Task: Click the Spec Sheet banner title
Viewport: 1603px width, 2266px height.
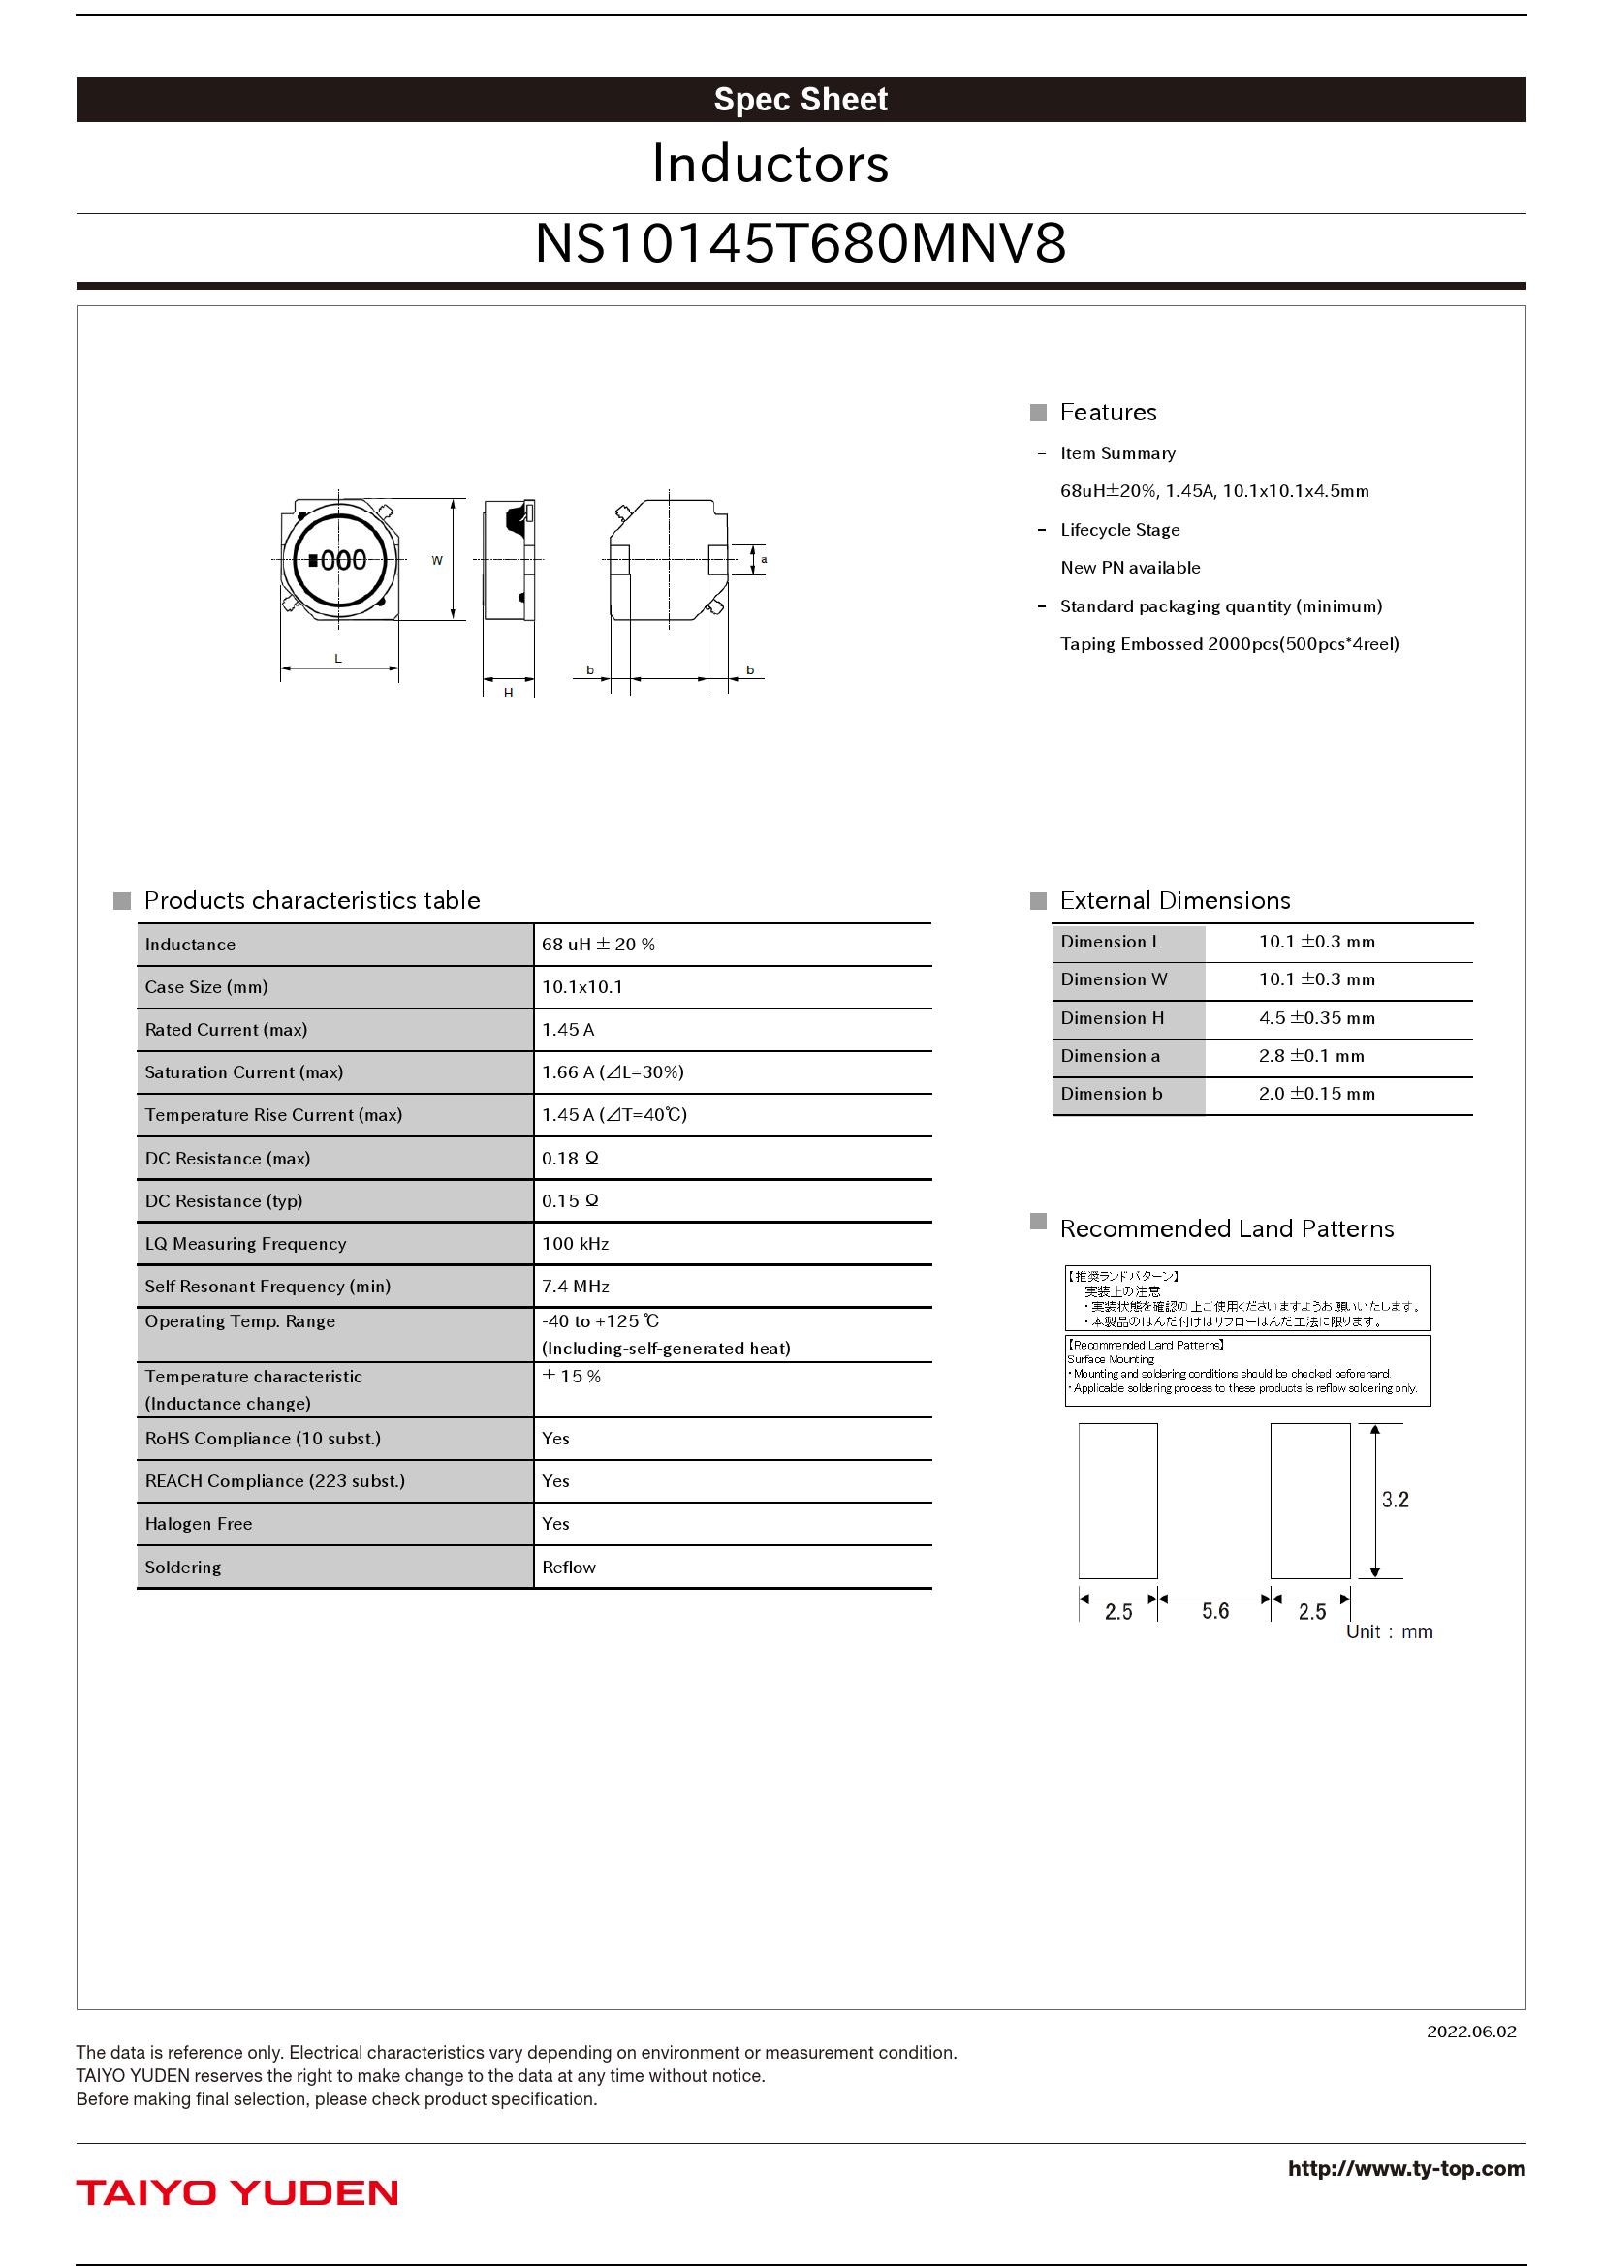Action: pos(801,100)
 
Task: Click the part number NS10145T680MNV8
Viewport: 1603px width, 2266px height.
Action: pos(801,244)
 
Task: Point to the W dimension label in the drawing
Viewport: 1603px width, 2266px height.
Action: pos(437,561)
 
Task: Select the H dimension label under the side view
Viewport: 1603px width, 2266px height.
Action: pos(509,692)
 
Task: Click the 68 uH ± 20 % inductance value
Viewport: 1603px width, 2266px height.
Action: pos(598,945)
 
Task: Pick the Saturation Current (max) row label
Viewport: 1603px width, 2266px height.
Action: pos(244,1072)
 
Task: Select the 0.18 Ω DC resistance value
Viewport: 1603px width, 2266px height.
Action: pos(570,1159)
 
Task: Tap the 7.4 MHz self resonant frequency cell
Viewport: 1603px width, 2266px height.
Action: pos(576,1287)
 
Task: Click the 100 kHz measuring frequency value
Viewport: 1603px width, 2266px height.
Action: pos(576,1245)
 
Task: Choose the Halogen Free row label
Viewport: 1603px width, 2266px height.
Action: pos(199,1525)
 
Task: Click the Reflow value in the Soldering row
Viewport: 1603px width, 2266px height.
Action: pos(569,1568)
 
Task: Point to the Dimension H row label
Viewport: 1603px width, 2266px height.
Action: pos(1113,1018)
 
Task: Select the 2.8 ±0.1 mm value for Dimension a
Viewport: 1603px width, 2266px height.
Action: pos(1311,1056)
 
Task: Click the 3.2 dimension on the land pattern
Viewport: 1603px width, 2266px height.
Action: pos(1395,1500)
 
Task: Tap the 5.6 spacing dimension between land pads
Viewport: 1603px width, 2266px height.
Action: pos(1215,1612)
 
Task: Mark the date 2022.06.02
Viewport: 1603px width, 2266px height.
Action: pos(1471,2032)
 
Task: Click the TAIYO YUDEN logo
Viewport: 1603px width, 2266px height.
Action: pos(236,2193)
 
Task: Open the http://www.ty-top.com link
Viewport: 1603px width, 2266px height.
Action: pos(1405,2168)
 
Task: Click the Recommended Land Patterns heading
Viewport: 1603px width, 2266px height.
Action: pos(1226,1228)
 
